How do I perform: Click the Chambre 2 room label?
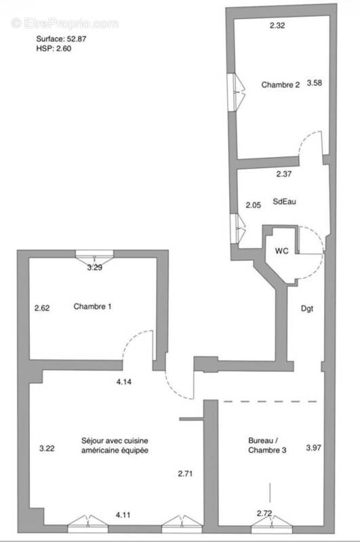[280, 85]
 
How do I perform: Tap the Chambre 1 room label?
[92, 306]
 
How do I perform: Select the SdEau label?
[283, 201]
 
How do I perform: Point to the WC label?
[281, 251]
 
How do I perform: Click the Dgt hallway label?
[308, 308]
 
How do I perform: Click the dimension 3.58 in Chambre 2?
[314, 83]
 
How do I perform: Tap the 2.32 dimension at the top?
[277, 26]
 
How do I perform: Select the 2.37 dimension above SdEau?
[284, 174]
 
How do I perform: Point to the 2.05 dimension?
[253, 205]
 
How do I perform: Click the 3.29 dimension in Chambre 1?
[96, 268]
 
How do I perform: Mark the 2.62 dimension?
[43, 308]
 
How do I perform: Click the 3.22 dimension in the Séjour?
[47, 448]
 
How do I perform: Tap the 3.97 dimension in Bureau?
[314, 447]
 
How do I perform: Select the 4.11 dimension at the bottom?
[123, 514]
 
